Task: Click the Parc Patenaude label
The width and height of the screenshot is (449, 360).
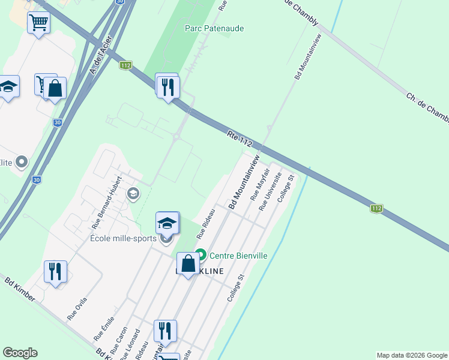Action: [x=206, y=28]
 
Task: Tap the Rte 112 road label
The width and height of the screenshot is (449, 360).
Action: [x=240, y=138]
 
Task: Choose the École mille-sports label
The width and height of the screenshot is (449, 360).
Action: [x=124, y=238]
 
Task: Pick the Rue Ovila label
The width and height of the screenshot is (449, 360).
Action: [x=77, y=308]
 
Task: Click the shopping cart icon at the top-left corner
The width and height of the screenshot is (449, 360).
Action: [x=38, y=23]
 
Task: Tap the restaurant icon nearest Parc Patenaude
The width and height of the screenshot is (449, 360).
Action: [x=167, y=87]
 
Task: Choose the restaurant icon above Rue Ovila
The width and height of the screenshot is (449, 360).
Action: [x=55, y=272]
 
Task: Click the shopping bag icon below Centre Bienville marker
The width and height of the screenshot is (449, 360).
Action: [x=188, y=263]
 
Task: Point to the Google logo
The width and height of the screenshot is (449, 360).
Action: [x=20, y=353]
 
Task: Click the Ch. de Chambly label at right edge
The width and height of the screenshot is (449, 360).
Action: [x=427, y=108]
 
